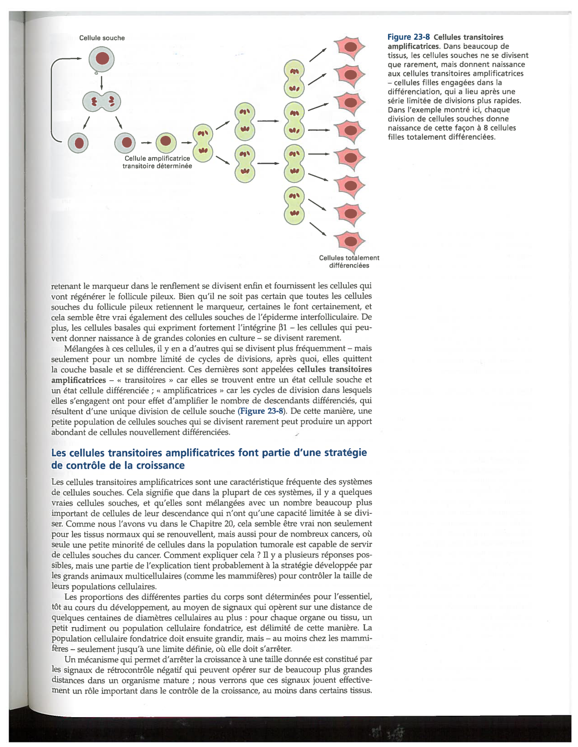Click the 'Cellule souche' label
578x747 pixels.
point(102,38)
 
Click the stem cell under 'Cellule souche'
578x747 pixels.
point(102,59)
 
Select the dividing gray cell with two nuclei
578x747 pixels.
point(102,101)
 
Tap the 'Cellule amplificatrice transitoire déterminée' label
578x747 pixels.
point(157,162)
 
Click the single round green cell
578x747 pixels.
point(166,142)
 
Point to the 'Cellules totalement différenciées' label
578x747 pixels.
point(349,261)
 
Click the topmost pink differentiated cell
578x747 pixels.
point(350,47)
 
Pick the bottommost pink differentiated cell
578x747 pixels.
point(350,241)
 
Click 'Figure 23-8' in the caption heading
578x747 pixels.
point(408,37)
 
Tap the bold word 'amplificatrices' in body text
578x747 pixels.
point(78,380)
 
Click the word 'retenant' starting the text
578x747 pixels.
point(66,286)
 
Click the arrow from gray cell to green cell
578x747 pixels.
point(146,143)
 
